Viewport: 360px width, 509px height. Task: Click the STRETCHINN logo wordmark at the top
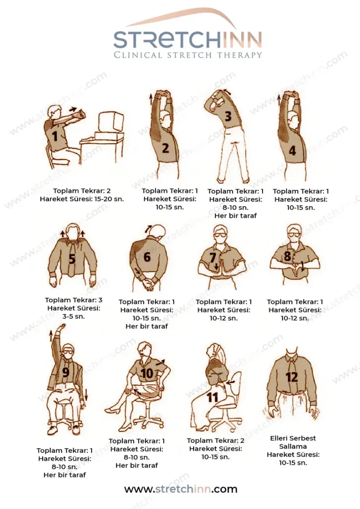tap(187, 40)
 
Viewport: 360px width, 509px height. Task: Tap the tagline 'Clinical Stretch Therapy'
tap(187, 55)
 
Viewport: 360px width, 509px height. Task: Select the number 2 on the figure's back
tap(166, 148)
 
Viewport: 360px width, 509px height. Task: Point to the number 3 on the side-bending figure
tap(228, 116)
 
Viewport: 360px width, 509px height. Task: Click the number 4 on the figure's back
tap(292, 150)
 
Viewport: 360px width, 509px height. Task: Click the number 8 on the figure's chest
tap(287, 256)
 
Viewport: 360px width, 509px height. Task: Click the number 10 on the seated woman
tap(147, 373)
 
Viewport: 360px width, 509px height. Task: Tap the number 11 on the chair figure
tap(212, 397)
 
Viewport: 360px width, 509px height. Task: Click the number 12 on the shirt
tap(291, 377)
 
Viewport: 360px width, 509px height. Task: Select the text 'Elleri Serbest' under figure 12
tap(293, 438)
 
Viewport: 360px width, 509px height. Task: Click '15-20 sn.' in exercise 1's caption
tap(109, 199)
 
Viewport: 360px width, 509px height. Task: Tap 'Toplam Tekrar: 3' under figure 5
tap(74, 300)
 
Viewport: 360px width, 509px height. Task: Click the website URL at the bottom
tap(181, 489)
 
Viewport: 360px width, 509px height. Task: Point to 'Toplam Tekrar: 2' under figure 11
tap(215, 440)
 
